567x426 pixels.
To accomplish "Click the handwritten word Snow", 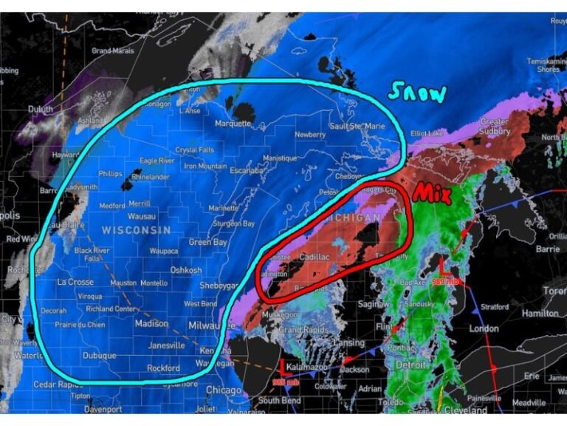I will (x=418, y=92).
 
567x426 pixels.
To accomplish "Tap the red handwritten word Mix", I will (x=432, y=194).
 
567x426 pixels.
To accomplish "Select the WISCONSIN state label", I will (x=136, y=230).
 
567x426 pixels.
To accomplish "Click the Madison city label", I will (x=151, y=323).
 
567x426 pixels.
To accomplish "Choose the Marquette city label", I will (x=234, y=124).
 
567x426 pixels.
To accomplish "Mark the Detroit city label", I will (x=410, y=365).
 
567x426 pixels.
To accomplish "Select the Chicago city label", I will (x=223, y=390).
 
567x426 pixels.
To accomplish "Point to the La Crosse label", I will (x=75, y=283).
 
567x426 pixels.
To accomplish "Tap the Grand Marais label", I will (x=111, y=50).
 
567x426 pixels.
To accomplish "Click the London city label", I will (x=484, y=328).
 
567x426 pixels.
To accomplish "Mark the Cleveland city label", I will (x=466, y=410).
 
